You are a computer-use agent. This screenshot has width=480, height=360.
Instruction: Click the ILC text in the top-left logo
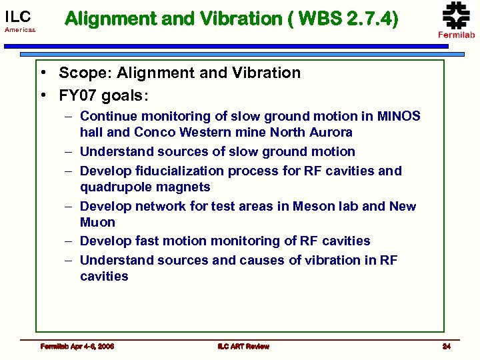click(18, 16)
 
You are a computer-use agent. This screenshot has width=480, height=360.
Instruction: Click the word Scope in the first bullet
click(83, 73)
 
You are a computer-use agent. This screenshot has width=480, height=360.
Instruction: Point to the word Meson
click(298, 206)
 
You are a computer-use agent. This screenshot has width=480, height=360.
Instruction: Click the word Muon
click(97, 223)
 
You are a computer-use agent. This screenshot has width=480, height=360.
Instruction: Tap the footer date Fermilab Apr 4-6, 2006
click(77, 346)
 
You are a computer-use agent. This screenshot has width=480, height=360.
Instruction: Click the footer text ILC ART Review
click(243, 346)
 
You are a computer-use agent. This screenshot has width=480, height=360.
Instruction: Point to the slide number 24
click(447, 346)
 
